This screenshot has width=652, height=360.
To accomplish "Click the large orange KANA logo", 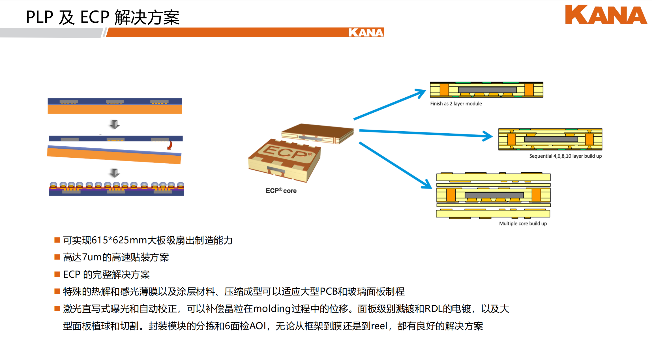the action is click(x=606, y=15).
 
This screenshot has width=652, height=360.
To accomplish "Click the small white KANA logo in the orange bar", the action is click(x=366, y=33).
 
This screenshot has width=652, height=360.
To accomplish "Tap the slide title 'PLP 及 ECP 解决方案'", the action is click(x=103, y=17).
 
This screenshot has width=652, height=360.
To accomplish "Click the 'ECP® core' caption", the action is click(x=281, y=190).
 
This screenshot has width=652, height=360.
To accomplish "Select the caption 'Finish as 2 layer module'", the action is click(x=456, y=104).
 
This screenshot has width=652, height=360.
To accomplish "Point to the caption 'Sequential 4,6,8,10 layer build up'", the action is click(x=565, y=156).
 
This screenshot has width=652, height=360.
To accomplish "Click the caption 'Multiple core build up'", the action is click(x=523, y=223).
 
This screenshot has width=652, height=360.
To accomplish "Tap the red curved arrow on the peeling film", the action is click(x=170, y=145).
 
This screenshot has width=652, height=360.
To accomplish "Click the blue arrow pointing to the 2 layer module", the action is click(x=390, y=104).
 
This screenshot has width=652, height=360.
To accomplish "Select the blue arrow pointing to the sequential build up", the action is click(x=426, y=134).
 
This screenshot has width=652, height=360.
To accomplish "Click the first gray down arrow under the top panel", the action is click(x=115, y=124).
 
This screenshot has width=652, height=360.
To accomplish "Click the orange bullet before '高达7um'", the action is click(x=57, y=257).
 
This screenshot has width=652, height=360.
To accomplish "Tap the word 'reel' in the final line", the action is click(x=379, y=326).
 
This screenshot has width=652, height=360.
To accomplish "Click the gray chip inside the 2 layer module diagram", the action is click(x=487, y=90).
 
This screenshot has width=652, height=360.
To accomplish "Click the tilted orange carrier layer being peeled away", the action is click(x=114, y=156).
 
